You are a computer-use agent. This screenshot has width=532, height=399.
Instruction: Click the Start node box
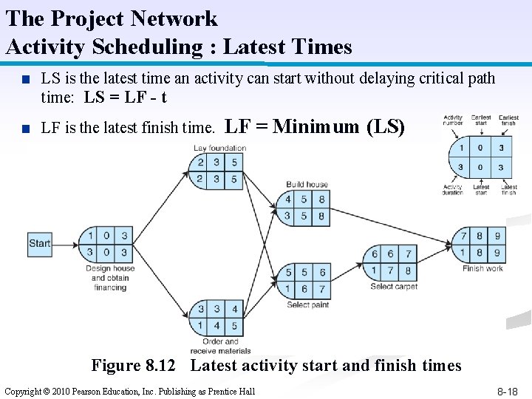(40, 243)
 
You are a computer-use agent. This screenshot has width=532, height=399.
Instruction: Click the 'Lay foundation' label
(219, 148)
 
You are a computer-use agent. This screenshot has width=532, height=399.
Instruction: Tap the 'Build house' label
(307, 184)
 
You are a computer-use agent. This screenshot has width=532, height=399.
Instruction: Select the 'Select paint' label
(308, 304)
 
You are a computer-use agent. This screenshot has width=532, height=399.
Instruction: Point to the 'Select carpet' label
(394, 287)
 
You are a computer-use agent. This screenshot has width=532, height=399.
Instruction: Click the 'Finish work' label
(482, 268)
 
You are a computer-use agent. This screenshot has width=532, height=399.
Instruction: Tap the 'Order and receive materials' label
(220, 346)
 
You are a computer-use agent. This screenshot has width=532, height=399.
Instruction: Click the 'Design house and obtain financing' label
(110, 278)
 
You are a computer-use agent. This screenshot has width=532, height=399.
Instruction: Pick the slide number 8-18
(507, 392)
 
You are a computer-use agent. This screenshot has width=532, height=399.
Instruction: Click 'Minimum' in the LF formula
(316, 126)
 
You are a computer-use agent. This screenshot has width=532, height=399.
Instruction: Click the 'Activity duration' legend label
(452, 190)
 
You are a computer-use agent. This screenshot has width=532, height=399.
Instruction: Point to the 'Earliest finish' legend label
(508, 120)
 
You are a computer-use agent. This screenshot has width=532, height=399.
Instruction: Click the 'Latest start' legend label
(481, 190)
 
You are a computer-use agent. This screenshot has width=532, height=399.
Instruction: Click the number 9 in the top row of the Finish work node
(497, 236)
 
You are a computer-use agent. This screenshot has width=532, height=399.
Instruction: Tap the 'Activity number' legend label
(453, 120)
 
